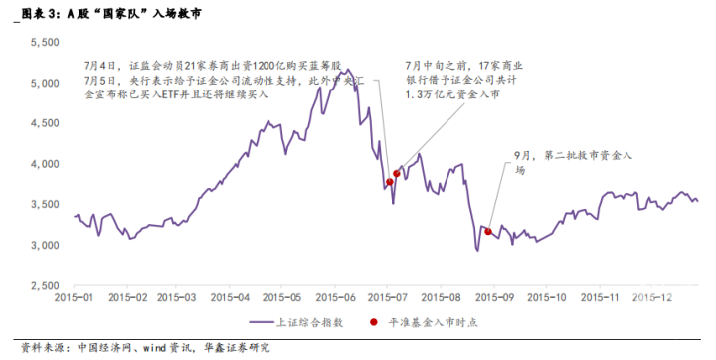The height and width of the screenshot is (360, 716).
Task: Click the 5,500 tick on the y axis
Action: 45,43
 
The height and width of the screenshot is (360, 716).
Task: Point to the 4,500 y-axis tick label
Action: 45,123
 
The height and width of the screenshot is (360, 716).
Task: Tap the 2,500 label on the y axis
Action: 45,286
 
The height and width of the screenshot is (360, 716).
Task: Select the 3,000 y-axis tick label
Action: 45,246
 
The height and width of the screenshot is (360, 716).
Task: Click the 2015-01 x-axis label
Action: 74,298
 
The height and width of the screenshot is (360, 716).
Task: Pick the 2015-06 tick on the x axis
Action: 336,298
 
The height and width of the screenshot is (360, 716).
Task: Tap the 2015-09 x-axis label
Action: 494,298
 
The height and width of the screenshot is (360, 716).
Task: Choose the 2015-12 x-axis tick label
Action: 652,298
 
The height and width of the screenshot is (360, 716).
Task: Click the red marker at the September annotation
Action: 488,232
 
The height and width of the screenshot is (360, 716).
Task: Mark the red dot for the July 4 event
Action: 390,182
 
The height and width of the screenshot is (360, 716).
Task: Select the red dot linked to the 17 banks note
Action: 397,174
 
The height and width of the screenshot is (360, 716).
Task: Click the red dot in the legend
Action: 374,322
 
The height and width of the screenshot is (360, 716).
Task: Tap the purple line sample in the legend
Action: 262,322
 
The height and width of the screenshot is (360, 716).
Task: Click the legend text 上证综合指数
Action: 309,322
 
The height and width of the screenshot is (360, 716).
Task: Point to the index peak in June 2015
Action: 348,69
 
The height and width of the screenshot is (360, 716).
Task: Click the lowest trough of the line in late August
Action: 477,251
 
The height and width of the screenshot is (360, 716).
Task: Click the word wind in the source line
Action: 155,349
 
